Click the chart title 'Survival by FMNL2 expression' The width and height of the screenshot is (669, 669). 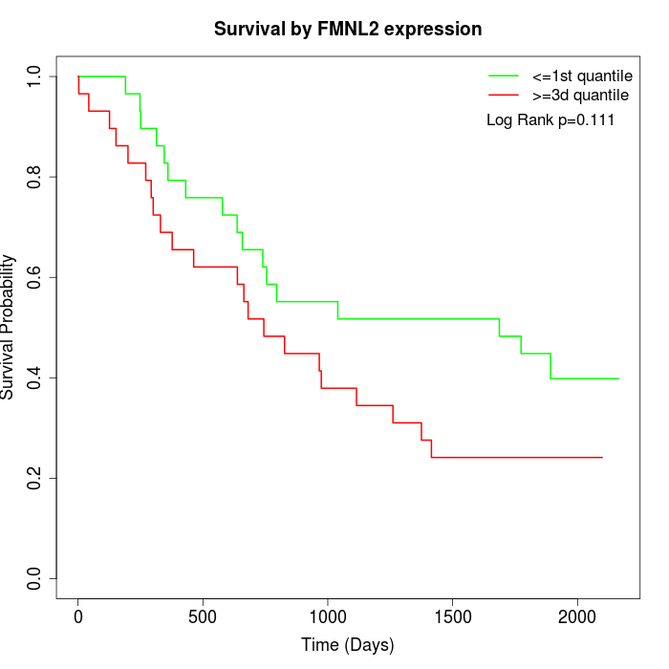tap(348, 29)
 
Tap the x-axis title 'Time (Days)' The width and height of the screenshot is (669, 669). tap(348, 645)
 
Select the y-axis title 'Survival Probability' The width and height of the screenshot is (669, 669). tap(9, 327)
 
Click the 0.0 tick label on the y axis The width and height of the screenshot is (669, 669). tap(35, 578)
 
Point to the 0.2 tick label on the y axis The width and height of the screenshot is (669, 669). tap(35, 478)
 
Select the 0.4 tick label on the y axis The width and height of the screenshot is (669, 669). tap(35, 378)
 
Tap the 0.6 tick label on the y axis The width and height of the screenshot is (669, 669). tap(35, 277)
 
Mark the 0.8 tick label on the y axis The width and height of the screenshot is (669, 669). tap(35, 177)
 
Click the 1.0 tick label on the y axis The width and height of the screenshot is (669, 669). tap(35, 76)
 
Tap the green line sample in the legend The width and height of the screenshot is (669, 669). tap(504, 76)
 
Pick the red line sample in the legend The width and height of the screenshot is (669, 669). tap(504, 96)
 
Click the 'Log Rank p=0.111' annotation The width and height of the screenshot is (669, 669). tap(550, 120)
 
